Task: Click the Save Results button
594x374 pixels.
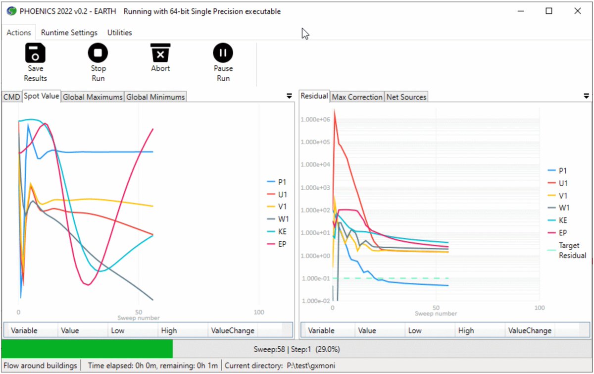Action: point(35,62)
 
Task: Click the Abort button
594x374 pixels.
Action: point(160,57)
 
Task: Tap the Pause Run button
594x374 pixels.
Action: point(223,62)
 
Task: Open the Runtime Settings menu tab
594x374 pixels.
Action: point(69,33)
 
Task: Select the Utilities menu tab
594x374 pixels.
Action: point(120,33)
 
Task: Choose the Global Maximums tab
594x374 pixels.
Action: point(93,97)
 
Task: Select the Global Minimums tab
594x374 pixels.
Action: point(155,97)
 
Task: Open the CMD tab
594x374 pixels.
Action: point(11,97)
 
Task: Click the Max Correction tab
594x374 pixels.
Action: point(357,97)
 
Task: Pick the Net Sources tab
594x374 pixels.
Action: point(406,97)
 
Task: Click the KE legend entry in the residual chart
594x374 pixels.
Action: point(563,220)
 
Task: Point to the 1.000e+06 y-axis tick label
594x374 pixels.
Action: point(315,119)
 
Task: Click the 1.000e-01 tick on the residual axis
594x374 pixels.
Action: point(315,278)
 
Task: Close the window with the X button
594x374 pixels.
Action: point(578,11)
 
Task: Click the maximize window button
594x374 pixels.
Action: point(549,11)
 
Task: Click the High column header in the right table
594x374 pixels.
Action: point(466,330)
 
